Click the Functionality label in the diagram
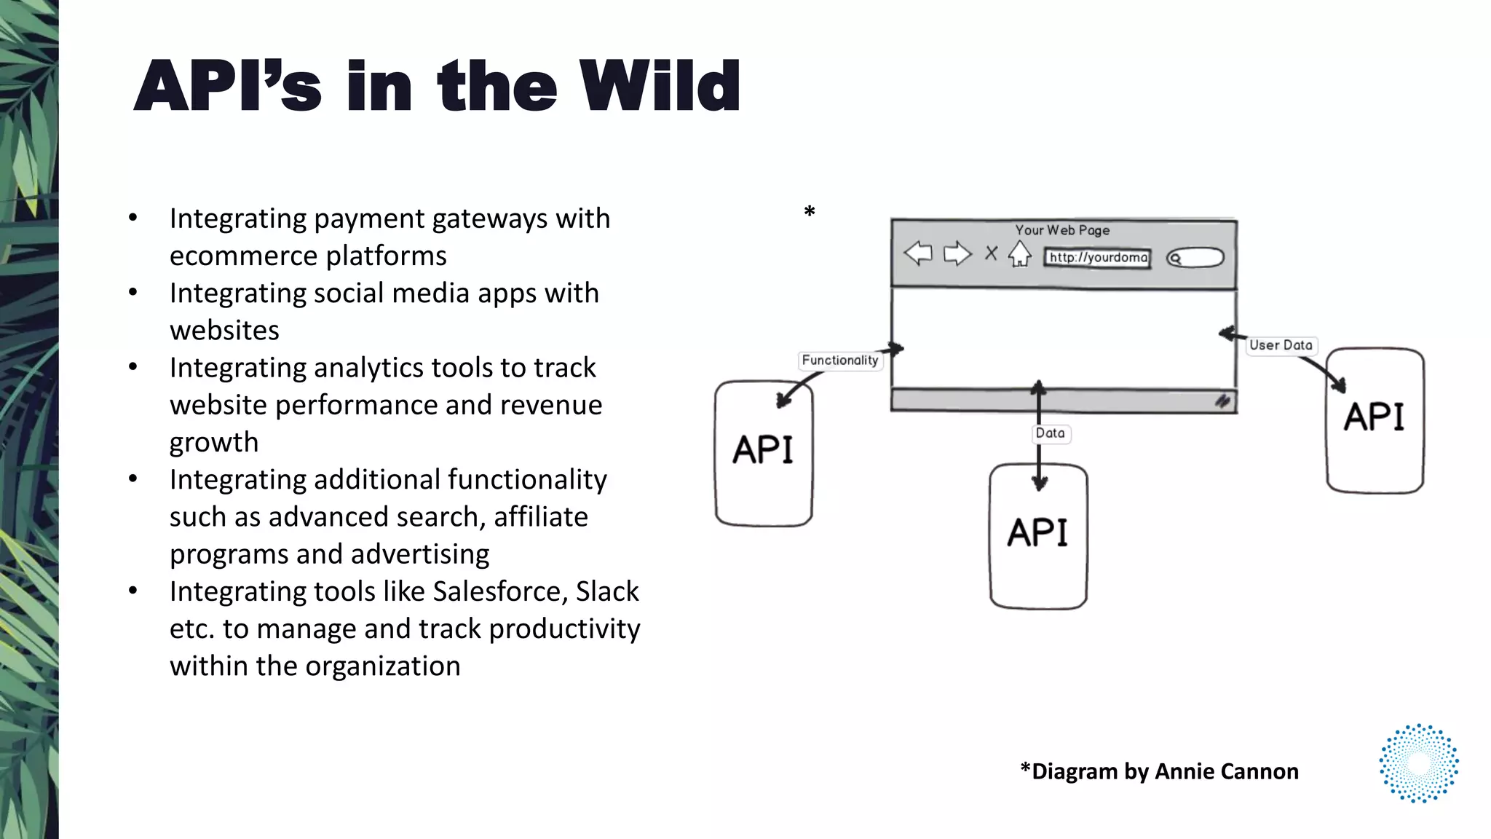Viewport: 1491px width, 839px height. (839, 361)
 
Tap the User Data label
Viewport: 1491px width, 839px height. (1281, 345)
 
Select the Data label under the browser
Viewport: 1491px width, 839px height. (1050, 433)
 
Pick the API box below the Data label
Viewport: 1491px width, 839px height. (1038, 535)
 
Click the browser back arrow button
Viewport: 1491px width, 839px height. (918, 253)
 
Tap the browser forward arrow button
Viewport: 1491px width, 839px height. (957, 253)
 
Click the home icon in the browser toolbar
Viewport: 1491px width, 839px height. (1019, 254)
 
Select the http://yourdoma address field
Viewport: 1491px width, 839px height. (1097, 258)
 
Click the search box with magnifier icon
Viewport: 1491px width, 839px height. (1195, 258)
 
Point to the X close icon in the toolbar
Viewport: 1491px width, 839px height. (991, 253)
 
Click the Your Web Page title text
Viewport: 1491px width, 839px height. (1062, 230)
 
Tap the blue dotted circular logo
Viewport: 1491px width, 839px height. (1418, 763)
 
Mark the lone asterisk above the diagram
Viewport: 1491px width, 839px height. (809, 212)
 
